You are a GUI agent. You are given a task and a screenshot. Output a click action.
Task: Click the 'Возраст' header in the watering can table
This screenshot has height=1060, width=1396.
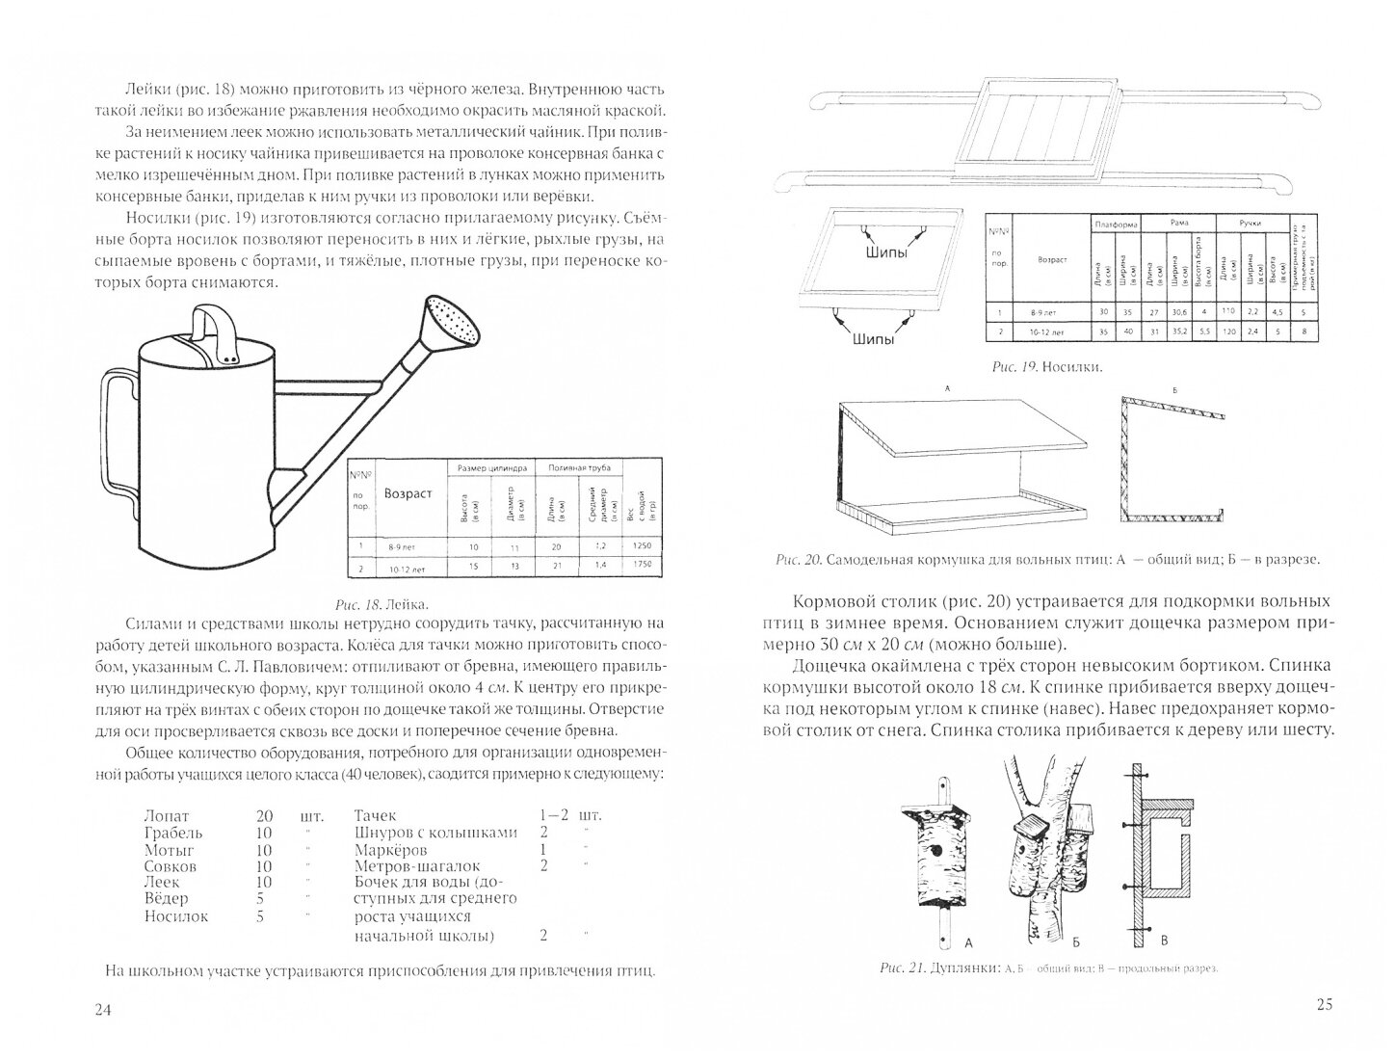408,493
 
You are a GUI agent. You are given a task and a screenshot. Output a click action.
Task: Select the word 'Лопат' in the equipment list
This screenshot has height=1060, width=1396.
166,815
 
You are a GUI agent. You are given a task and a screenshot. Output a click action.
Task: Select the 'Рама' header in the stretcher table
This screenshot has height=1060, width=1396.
1178,223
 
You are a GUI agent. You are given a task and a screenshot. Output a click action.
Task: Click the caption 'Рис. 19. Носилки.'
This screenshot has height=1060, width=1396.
1047,367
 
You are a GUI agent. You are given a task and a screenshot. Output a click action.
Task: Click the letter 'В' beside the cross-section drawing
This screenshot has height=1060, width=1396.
1166,941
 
